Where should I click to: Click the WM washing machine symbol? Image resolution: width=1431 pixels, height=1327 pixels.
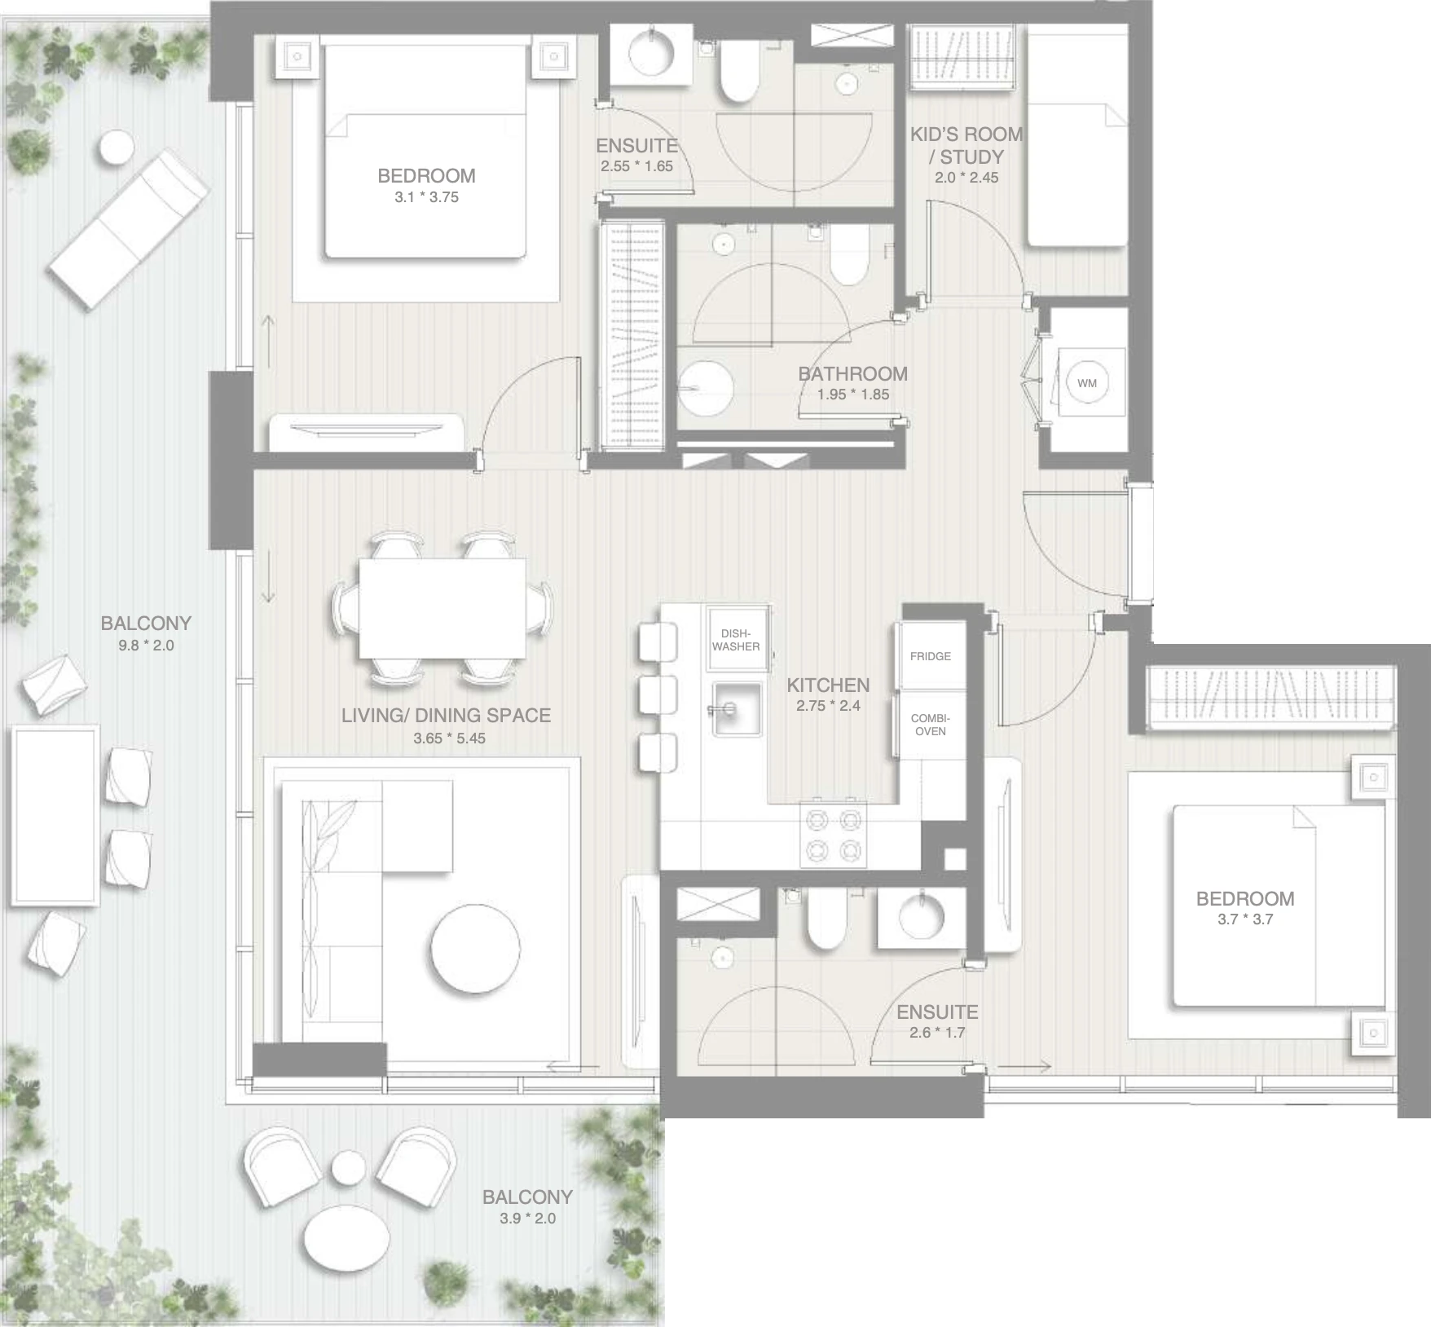coord(1087,382)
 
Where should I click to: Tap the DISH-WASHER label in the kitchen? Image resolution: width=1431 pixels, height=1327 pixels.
coord(736,640)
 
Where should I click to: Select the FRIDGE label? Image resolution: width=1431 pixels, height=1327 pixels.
coord(931,656)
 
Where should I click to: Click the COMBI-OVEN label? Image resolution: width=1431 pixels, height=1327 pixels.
coord(931,725)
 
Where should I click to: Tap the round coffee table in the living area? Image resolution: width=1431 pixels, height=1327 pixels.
coord(476,948)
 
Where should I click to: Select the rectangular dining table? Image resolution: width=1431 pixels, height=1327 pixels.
coord(443,608)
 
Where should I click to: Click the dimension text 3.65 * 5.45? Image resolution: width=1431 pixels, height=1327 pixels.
coord(449,738)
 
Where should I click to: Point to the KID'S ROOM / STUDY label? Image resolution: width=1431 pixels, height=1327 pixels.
coord(966,145)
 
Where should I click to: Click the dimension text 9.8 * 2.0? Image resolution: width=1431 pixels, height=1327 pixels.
coord(146,646)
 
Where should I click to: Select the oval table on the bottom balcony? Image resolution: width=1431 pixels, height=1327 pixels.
coord(347,1244)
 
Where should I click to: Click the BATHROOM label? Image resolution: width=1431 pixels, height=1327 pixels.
coord(852,373)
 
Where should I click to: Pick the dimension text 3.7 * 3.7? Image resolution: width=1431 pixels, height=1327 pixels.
coord(1245,919)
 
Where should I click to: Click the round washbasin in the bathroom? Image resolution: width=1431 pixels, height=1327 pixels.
coord(706,388)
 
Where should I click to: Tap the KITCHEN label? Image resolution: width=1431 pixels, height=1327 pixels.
coord(828,685)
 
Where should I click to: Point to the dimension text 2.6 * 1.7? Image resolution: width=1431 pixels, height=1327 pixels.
coord(937,1033)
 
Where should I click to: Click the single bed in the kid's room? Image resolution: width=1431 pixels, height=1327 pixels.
coord(1077,135)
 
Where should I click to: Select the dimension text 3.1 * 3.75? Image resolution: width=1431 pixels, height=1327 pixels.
coord(426,197)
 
